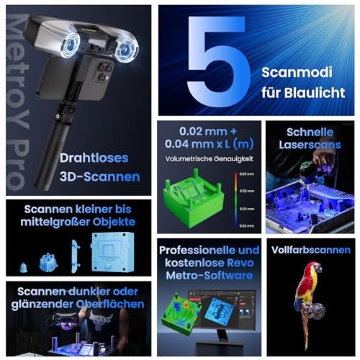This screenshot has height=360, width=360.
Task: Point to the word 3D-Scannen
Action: [104, 176]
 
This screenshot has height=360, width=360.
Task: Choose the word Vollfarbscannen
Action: [311, 251]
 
